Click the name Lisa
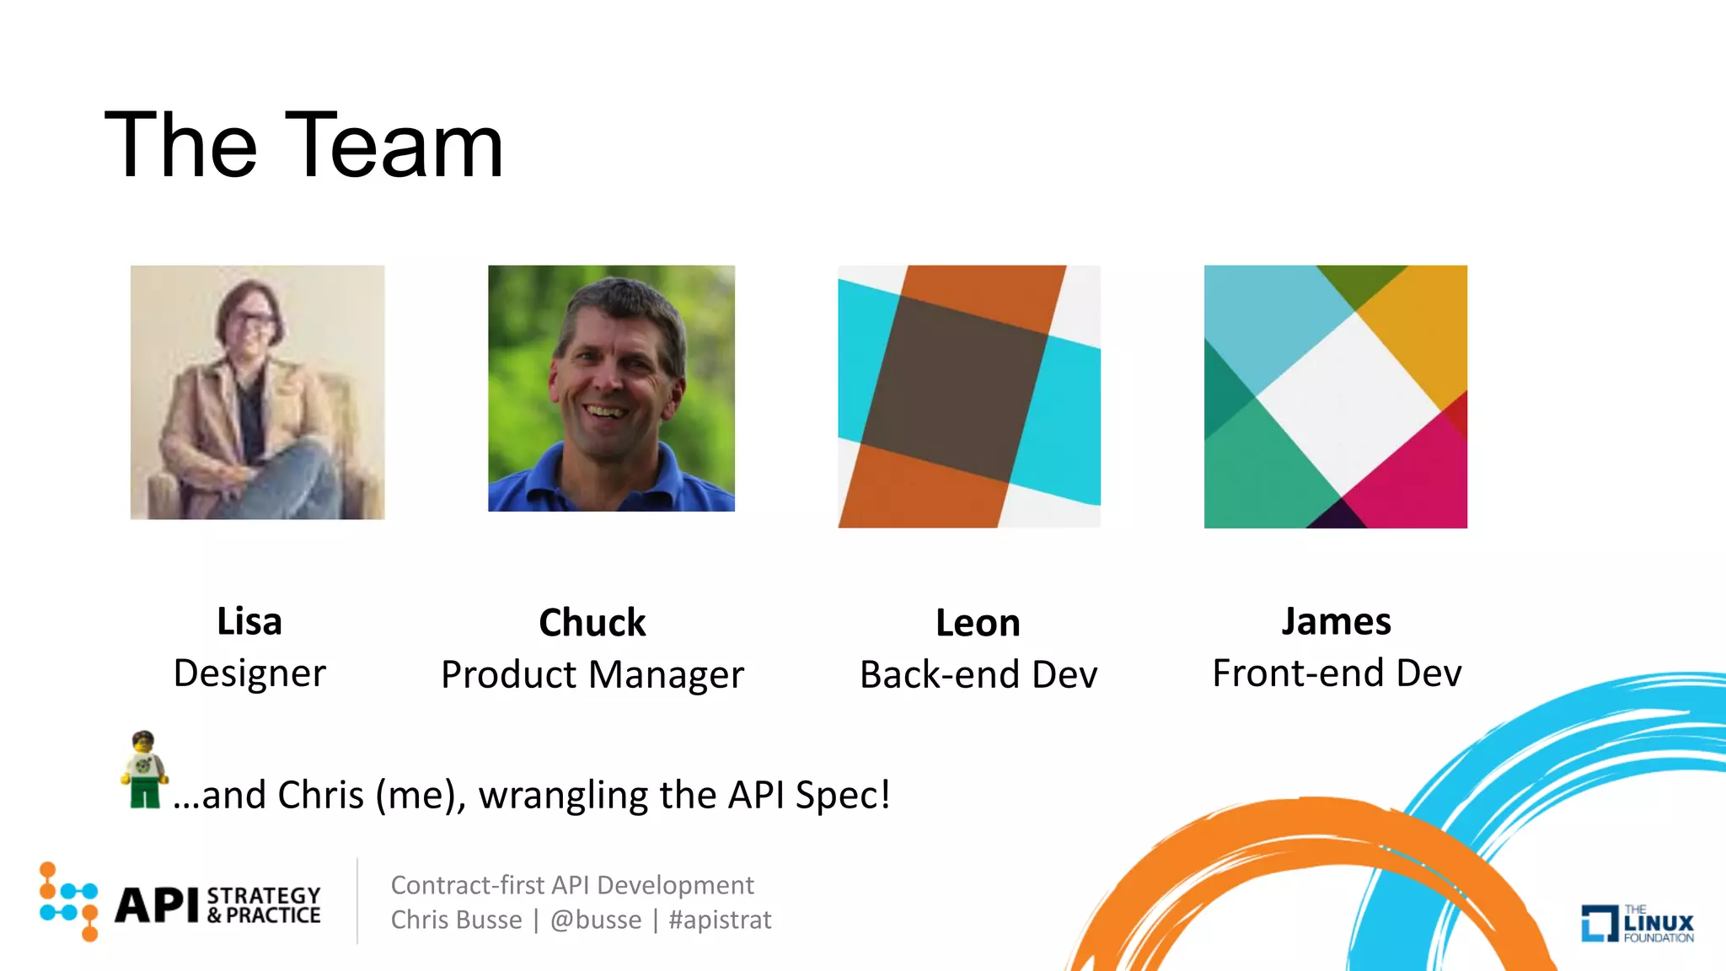[249, 622]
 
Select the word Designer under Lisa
[249, 673]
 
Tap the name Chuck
[592, 623]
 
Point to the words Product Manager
[592, 675]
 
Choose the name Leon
[978, 624]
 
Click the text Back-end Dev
[978, 675]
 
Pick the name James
[1336, 622]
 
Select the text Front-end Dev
[1336, 673]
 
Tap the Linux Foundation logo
[1637, 923]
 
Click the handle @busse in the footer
[596, 920]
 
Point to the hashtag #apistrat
[720, 920]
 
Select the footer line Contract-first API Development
[572, 885]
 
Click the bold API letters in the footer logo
[157, 905]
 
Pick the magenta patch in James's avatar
[1416, 480]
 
